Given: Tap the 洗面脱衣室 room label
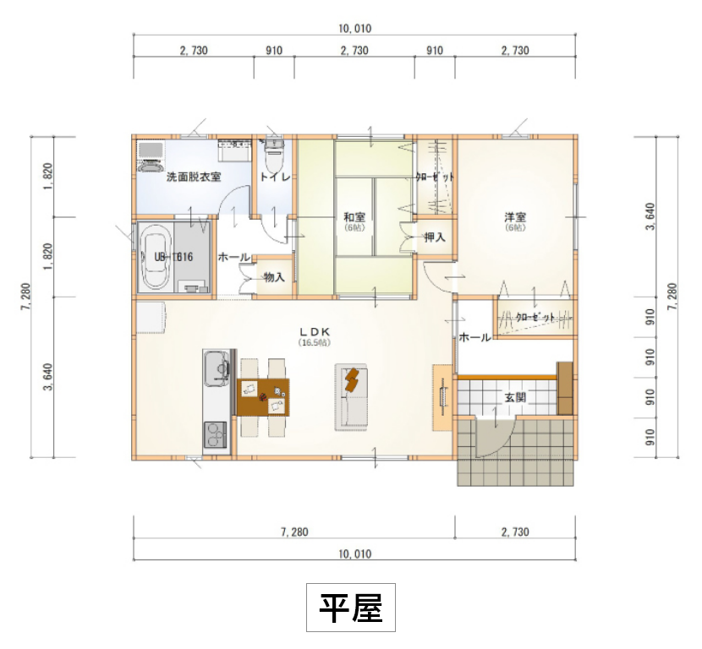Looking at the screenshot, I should coord(193,177).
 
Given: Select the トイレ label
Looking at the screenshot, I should coord(275,177).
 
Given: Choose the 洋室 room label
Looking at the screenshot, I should coord(515,216).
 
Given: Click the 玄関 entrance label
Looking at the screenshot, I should coord(516,396).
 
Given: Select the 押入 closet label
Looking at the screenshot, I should coord(435,237).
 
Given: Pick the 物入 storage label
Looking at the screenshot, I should coord(273,276).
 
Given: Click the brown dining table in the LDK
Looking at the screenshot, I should coord(263,396).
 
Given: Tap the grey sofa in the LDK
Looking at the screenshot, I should coord(352,395).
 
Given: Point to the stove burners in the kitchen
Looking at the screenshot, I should coord(216,437).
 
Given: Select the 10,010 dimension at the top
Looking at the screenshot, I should coord(354,28).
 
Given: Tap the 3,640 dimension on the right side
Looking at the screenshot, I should coord(649,216).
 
